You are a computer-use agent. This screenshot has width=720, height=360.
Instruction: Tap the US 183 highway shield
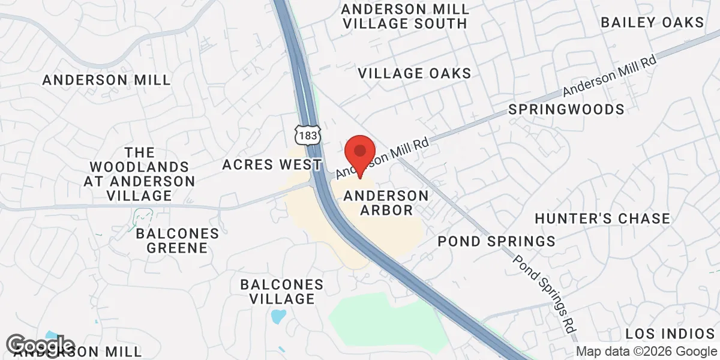click(x=308, y=136)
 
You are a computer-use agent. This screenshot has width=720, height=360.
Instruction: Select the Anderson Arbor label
click(x=386, y=203)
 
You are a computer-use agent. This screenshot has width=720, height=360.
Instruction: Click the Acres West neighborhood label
click(x=272, y=164)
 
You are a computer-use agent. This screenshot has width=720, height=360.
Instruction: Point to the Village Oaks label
click(x=415, y=73)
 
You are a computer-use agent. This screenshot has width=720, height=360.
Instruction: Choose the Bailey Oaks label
click(x=652, y=23)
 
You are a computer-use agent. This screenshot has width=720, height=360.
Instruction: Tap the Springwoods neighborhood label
click(x=566, y=109)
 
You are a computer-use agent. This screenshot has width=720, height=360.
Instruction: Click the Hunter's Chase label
click(x=602, y=218)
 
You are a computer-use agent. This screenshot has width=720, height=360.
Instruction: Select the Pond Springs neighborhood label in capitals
click(x=496, y=241)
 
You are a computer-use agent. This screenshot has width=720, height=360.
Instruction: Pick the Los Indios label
click(x=670, y=334)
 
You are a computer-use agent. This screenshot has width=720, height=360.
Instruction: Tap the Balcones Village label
click(x=282, y=291)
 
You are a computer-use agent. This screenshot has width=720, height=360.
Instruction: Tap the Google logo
click(x=41, y=346)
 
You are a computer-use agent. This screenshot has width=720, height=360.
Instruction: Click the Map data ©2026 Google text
click(x=647, y=352)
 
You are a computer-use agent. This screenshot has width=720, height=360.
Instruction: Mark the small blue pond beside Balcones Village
click(x=278, y=316)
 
